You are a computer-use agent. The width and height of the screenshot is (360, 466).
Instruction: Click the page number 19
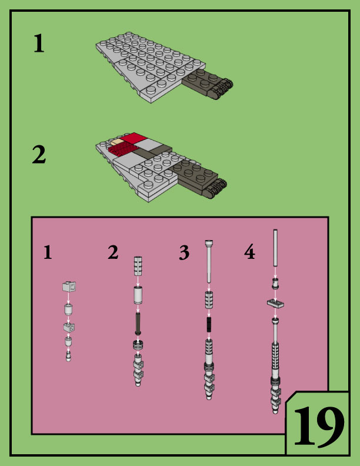(x=318, y=425)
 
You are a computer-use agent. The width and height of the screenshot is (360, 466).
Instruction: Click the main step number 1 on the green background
(x=38, y=44)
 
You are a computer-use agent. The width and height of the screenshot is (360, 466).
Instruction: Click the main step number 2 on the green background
(x=39, y=155)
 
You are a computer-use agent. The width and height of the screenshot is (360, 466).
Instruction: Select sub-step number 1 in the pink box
(x=48, y=252)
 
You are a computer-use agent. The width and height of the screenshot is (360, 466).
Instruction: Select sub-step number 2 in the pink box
(x=113, y=252)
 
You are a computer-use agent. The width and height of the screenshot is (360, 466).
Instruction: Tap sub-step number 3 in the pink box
(x=184, y=253)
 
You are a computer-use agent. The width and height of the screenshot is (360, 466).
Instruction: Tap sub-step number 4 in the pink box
(x=249, y=253)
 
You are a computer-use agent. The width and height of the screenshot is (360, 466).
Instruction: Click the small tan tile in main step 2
(x=117, y=142)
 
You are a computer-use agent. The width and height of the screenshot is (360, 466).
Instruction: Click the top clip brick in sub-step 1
(x=69, y=287)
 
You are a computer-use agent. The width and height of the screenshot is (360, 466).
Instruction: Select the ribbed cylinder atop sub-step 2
(x=139, y=265)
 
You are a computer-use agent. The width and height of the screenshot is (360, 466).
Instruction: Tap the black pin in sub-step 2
(x=138, y=323)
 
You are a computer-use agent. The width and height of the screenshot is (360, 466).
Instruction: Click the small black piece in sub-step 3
(x=209, y=324)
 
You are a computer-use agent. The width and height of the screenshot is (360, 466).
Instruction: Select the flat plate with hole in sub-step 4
(x=275, y=304)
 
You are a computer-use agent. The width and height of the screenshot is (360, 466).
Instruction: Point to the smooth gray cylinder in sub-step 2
(x=138, y=294)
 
